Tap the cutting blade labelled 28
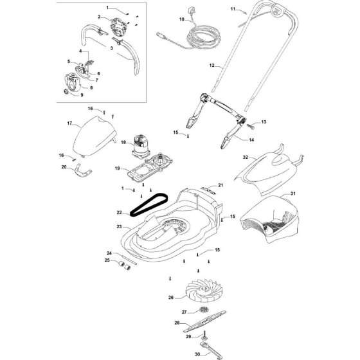point(204,321)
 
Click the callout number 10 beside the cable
point(181,19)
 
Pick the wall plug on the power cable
point(191,11)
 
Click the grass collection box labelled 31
point(270,219)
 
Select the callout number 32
point(246,157)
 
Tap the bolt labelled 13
point(251,126)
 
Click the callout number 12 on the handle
point(212,66)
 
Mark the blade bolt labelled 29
point(204,336)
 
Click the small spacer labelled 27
point(204,310)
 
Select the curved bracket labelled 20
point(83,173)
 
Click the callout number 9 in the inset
point(82,95)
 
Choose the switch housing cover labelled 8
point(73,82)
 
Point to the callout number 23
point(119,226)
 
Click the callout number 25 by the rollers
point(107,260)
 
